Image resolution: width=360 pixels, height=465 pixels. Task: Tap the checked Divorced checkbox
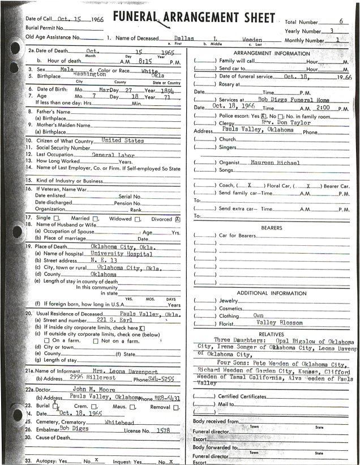tap(178, 217)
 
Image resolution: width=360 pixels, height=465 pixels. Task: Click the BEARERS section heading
tap(272, 227)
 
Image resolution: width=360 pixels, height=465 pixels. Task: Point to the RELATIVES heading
tap(271, 334)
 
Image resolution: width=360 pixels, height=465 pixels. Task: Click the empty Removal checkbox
tap(176, 407)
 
